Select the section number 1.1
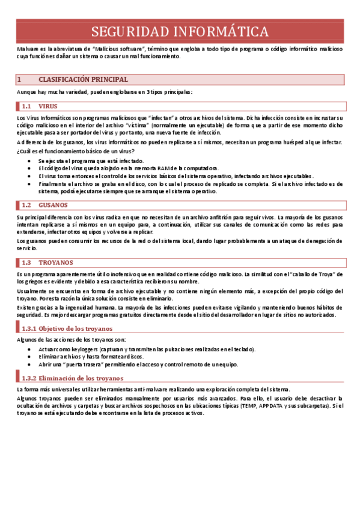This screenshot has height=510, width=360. pyautogui.click(x=26, y=106)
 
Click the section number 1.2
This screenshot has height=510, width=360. pyautogui.click(x=26, y=204)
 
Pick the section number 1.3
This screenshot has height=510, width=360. pyautogui.click(x=26, y=263)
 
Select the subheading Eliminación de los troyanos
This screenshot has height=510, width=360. pyautogui.click(x=81, y=378)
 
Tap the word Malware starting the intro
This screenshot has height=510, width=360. pyautogui.click(x=28, y=48)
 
